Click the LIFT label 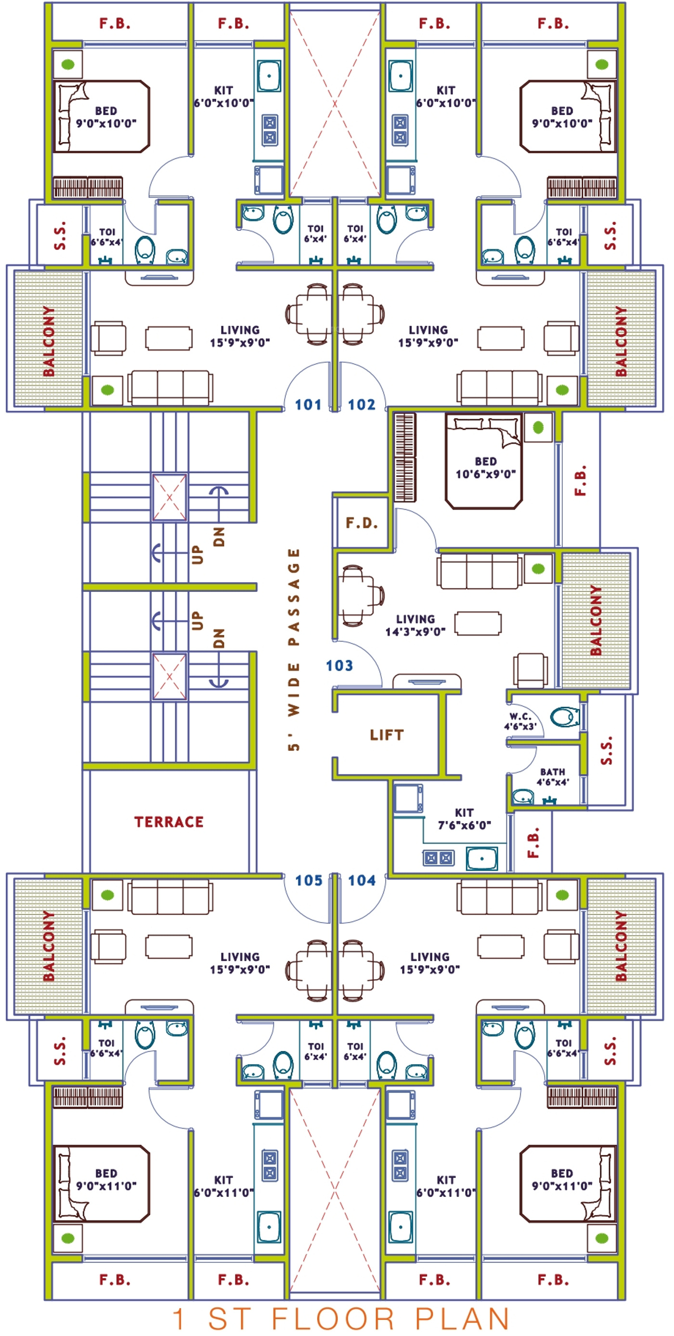(387, 735)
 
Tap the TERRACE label (169, 822)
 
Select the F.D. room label (362, 523)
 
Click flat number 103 (339, 666)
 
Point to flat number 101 (308, 405)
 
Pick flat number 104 (362, 880)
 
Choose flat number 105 (309, 880)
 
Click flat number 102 (362, 405)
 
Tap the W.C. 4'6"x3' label (520, 721)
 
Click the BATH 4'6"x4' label (553, 776)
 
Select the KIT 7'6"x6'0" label (465, 819)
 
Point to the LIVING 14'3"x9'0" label (415, 625)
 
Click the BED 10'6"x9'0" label (486, 467)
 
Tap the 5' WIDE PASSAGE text (294, 649)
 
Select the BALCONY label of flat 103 (596, 620)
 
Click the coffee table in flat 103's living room (478, 623)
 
